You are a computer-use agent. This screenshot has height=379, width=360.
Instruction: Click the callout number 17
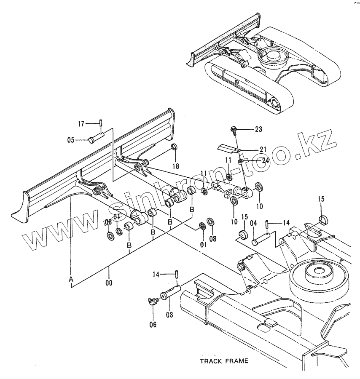point(81,123)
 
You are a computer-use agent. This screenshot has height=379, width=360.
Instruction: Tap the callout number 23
point(258,130)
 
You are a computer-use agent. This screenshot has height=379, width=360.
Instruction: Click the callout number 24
point(265,160)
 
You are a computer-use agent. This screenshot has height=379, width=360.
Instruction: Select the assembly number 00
point(110,283)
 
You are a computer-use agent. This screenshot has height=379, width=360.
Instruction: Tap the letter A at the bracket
point(71,279)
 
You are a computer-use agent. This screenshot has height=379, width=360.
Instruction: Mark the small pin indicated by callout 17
point(102,123)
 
